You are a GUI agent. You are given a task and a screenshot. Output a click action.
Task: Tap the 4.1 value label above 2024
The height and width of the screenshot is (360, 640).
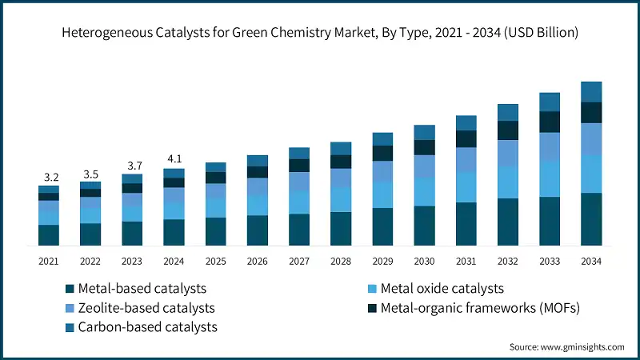pos(174,158)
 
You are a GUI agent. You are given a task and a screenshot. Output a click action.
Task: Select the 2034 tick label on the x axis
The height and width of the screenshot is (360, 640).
pos(590,261)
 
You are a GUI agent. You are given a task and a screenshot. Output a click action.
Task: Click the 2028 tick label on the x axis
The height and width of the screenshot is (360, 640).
pos(340,261)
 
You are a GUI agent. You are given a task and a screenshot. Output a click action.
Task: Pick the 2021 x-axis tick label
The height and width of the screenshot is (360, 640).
pos(48,261)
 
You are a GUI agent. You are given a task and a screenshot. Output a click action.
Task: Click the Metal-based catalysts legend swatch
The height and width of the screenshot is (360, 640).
pos(70,289)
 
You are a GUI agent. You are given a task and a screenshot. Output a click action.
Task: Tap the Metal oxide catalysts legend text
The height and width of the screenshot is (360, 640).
pos(442,289)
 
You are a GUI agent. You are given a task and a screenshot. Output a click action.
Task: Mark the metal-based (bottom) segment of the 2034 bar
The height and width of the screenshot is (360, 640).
pos(590,218)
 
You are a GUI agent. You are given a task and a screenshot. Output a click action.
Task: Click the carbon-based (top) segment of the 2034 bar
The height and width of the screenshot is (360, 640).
pos(590,91)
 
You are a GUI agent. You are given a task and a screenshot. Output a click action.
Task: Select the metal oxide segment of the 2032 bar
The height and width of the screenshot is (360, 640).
pos(507,182)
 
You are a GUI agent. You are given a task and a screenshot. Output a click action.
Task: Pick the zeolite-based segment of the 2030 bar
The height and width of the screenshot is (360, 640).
pos(424,166)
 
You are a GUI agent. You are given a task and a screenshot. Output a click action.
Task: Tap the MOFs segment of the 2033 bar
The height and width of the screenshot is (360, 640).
pos(549,122)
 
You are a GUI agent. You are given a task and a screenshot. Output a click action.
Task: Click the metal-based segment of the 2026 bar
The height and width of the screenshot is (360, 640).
pos(257,230)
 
